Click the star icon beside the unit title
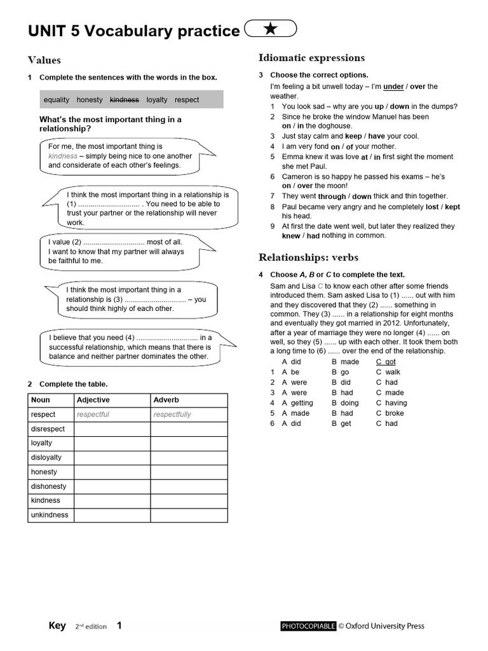pyautogui.click(x=270, y=29)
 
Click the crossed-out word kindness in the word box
pyautogui.click(x=124, y=100)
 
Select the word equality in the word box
pyautogui.click(x=57, y=100)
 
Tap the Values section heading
pyautogui.click(x=44, y=60)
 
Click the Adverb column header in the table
pyautogui.click(x=166, y=400)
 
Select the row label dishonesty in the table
pyautogui.click(x=48, y=486)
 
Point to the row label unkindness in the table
pyautogui.click(x=50, y=515)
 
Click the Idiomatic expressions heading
pyautogui.click(x=311, y=58)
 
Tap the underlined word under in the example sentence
pyautogui.click(x=393, y=86)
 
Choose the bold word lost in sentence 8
pyautogui.click(x=432, y=207)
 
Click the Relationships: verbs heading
pyautogui.click(x=308, y=257)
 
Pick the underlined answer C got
pyautogui.click(x=386, y=362)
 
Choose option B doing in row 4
pyautogui.click(x=346, y=403)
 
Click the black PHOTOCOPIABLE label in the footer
pyautogui.click(x=308, y=626)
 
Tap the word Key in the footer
pyautogui.click(x=57, y=626)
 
